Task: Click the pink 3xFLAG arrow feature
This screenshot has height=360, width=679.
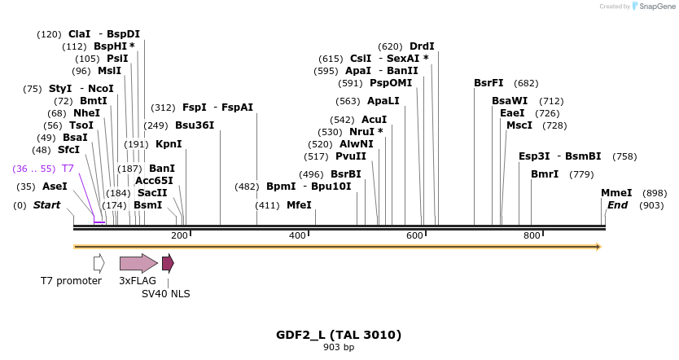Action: tap(138, 263)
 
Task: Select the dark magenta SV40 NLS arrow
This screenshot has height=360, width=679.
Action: tap(168, 263)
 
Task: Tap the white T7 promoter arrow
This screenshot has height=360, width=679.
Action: tap(99, 263)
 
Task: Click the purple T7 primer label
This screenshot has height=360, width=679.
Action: tap(68, 168)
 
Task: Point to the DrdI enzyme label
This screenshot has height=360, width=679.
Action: tap(422, 46)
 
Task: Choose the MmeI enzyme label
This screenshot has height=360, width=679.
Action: tap(616, 193)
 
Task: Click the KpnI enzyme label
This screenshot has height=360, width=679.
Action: tap(169, 144)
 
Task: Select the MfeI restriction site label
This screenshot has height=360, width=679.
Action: tap(299, 205)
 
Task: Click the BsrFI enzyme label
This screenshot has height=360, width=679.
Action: tap(488, 83)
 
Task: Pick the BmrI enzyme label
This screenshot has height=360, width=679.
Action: tap(545, 174)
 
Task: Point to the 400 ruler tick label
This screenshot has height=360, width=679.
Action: tap(297, 235)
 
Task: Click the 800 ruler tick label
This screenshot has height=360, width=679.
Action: tap(532, 235)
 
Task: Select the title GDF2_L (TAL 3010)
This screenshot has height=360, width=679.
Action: tap(339, 335)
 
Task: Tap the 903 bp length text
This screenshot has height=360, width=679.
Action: tap(339, 348)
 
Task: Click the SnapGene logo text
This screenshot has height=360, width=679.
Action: tap(655, 7)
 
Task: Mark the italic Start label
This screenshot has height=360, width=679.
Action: tap(46, 205)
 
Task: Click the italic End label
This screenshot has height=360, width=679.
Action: tap(617, 205)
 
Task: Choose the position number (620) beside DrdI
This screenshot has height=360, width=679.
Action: tap(390, 46)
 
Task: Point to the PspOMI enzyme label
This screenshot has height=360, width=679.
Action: tap(391, 83)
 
